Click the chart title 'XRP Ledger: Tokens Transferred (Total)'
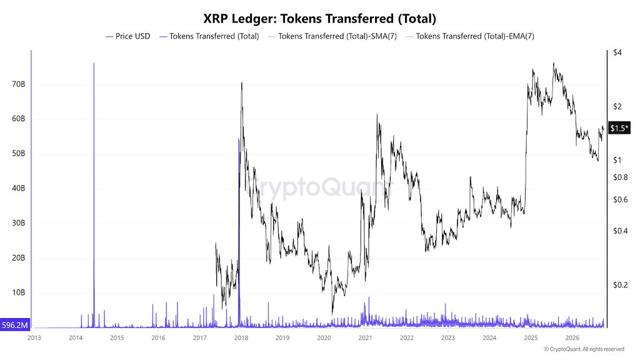coord(319,19)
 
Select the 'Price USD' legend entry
coord(127,36)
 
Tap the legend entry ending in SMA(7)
coord(332,36)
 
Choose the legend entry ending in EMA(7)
coord(470,36)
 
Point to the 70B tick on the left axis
coord(18,84)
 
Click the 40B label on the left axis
coord(18,189)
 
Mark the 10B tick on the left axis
coord(18,292)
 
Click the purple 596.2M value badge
coord(15,325)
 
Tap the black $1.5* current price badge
coord(619,128)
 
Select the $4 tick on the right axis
coord(617,52)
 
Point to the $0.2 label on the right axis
coord(621,284)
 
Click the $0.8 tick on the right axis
coord(621,177)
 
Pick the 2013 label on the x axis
coord(34,338)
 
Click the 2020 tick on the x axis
coord(324,338)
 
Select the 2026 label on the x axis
coord(572,338)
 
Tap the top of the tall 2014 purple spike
coord(94,63)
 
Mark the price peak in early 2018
coord(242,83)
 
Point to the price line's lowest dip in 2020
coord(332,314)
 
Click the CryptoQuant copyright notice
coord(584,349)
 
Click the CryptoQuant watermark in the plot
coord(319,187)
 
